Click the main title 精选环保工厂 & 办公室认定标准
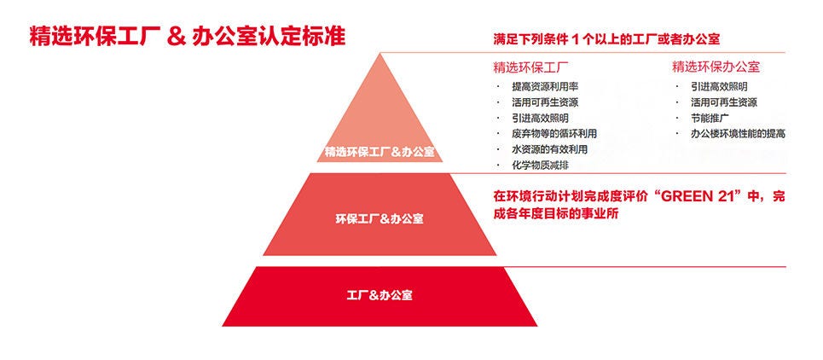pyautogui.click(x=188, y=37)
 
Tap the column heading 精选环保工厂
pyautogui.click(x=531, y=67)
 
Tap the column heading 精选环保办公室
pyautogui.click(x=716, y=67)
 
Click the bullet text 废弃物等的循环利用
pyautogui.click(x=554, y=134)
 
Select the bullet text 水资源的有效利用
pyautogui.click(x=549, y=149)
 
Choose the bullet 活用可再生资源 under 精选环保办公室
pyautogui.click(x=724, y=102)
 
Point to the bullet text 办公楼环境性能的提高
pyautogui.click(x=739, y=134)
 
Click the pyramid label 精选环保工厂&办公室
pyautogui.click(x=380, y=153)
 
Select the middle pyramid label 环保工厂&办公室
pyautogui.click(x=380, y=219)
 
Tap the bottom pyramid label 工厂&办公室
pyautogui.click(x=380, y=295)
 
